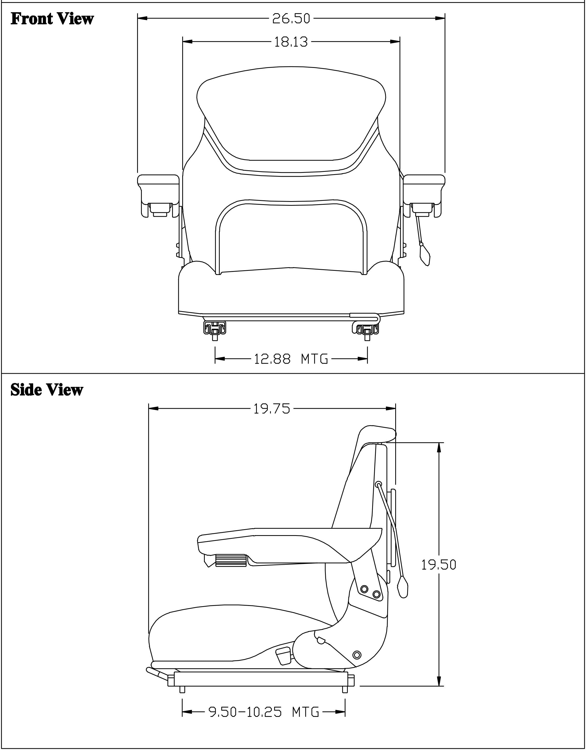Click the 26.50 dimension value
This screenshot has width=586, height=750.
tap(291, 19)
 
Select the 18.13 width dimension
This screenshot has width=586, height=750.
tap(291, 42)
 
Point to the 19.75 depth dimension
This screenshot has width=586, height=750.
tap(272, 409)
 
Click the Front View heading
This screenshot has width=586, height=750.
tap(52, 19)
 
